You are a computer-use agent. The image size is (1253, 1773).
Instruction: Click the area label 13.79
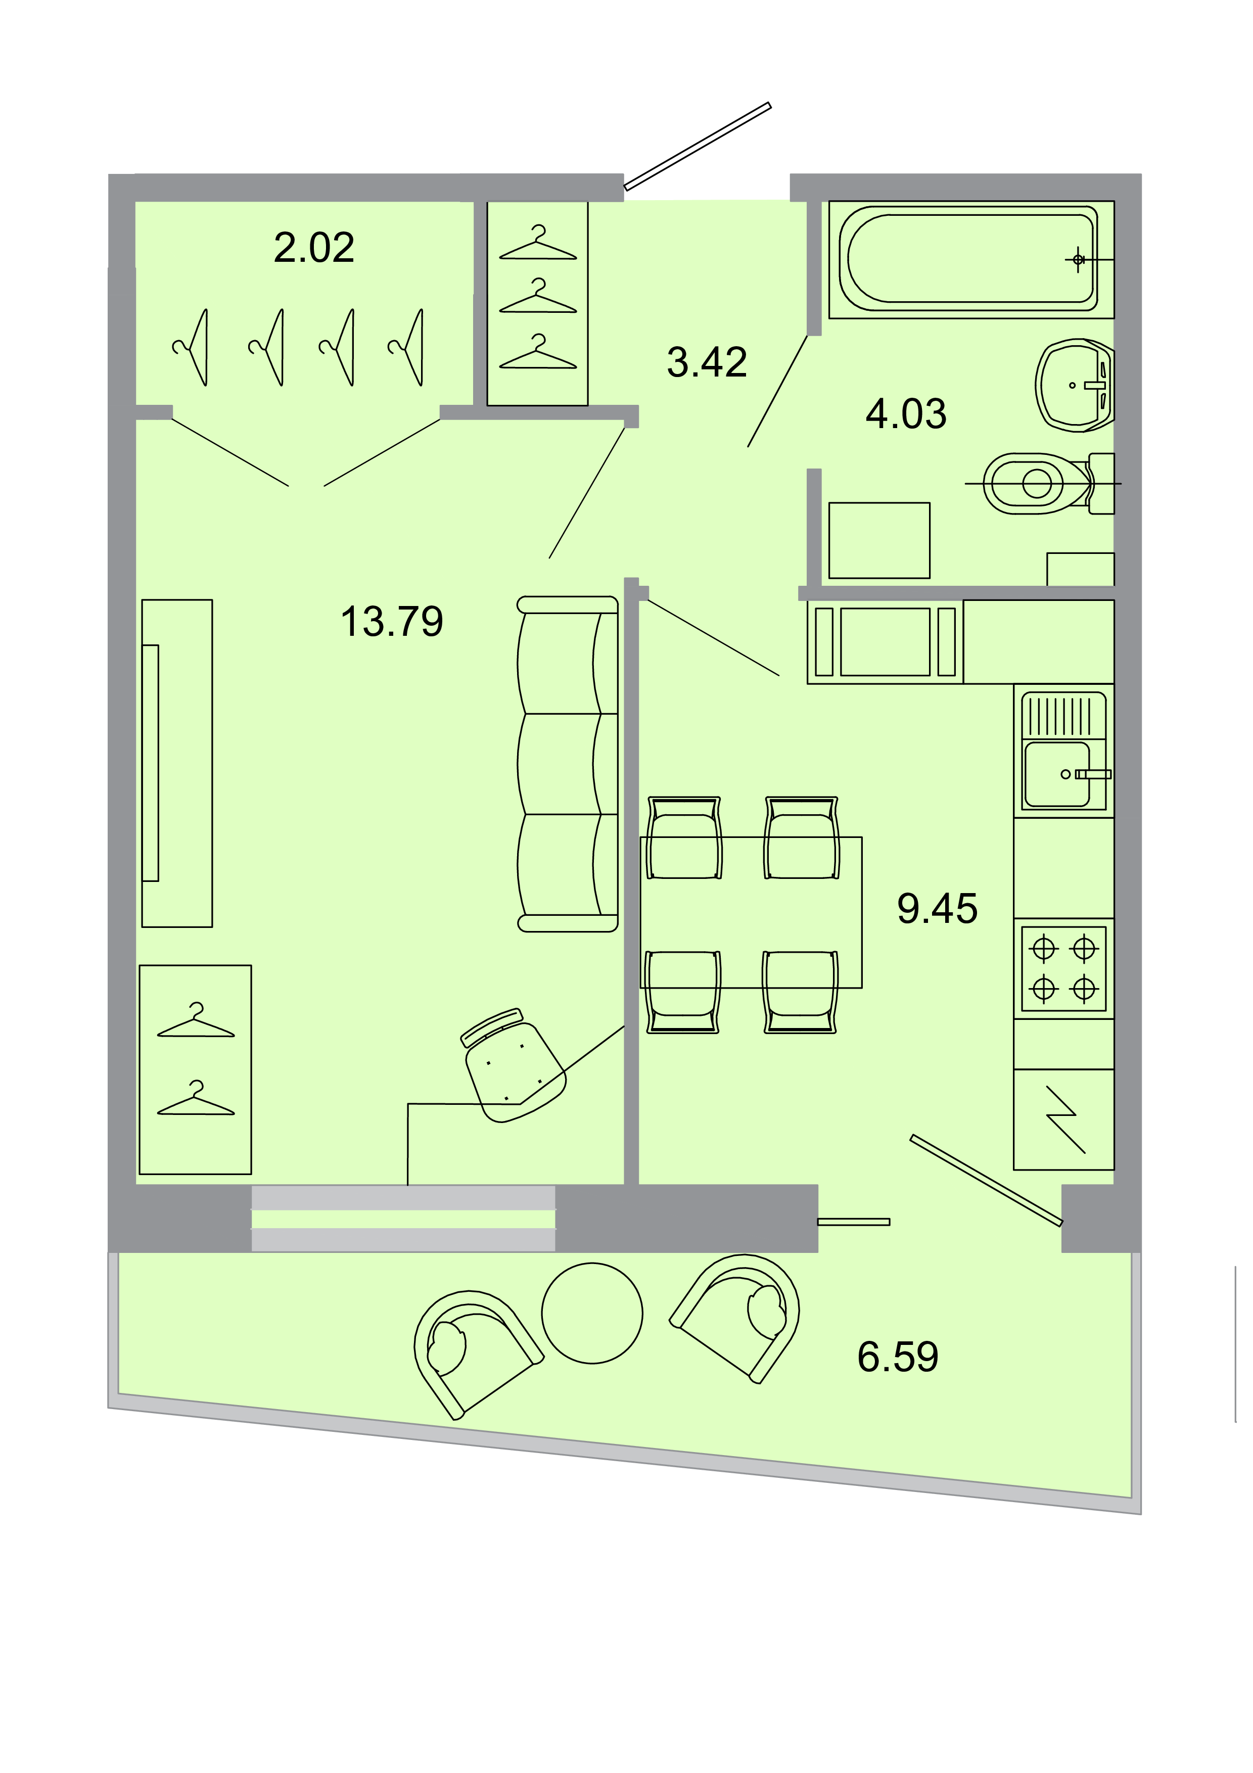[x=392, y=622]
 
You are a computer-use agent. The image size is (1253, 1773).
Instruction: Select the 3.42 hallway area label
[x=707, y=362]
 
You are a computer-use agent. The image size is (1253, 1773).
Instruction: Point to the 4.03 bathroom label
[x=906, y=414]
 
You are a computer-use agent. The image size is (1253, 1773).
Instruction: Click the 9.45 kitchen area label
[x=937, y=908]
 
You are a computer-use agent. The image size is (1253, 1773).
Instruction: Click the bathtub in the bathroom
[x=970, y=259]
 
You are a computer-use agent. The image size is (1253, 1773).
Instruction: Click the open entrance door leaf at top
[x=697, y=146]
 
